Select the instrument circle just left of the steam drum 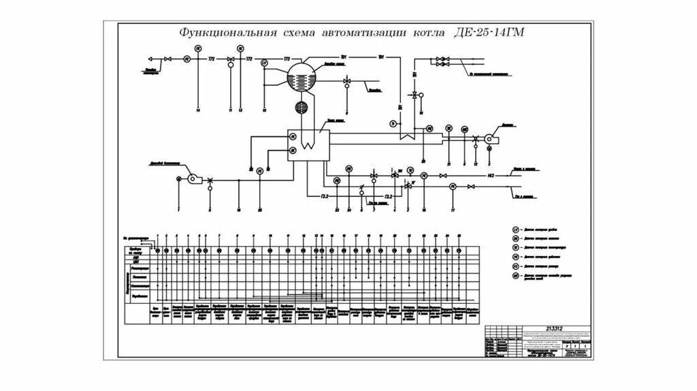tap(264, 63)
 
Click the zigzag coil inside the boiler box tap(308, 141)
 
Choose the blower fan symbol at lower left tap(193, 179)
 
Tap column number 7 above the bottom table tap(219, 236)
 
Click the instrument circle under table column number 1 tap(158, 251)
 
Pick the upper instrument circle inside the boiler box tap(293, 136)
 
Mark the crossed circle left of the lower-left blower tap(178, 179)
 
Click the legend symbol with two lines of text tap(516, 277)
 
